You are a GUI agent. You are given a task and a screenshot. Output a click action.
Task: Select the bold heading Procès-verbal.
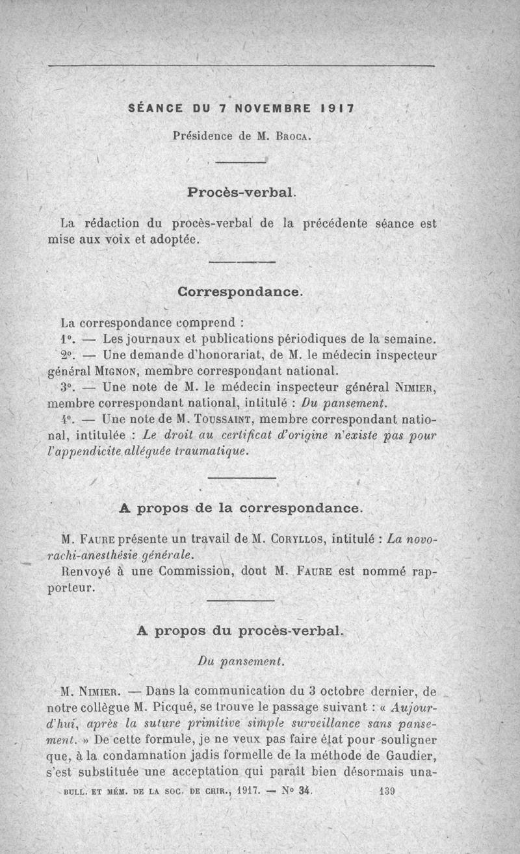[x=242, y=192]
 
